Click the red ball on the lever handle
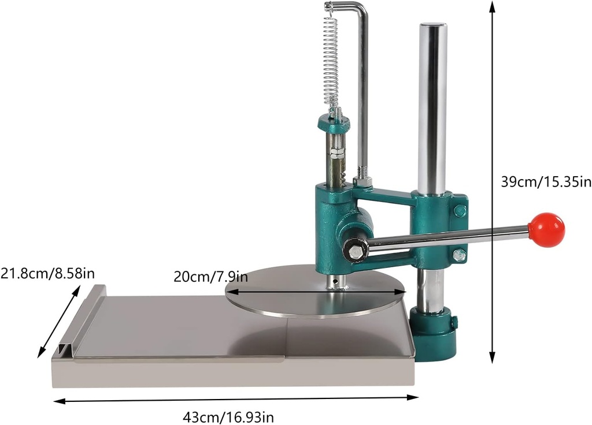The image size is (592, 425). [x=546, y=230]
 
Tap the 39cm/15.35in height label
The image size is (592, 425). [x=546, y=182]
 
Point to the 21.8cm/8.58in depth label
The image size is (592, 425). [x=47, y=272]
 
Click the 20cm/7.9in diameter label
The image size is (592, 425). [x=210, y=276]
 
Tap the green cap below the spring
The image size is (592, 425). [x=333, y=122]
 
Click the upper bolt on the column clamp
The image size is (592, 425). [x=460, y=211]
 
